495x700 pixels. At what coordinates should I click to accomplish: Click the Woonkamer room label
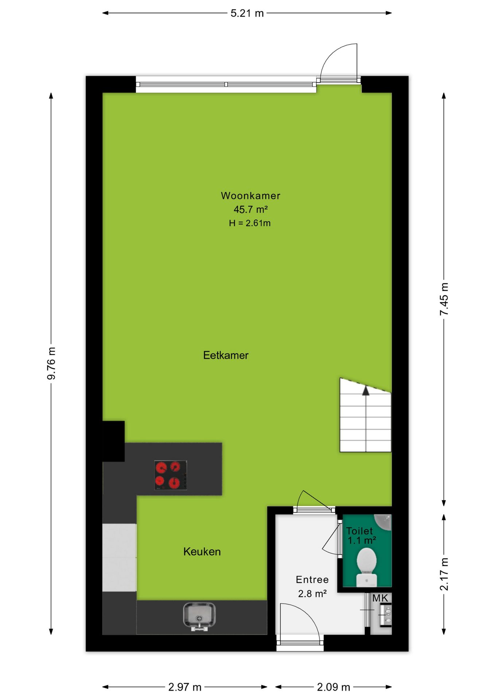point(250,196)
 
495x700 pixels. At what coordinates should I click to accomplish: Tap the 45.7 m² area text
point(250,209)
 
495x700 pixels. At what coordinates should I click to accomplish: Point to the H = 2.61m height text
point(250,223)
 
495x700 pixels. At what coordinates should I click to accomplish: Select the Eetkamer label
point(226,355)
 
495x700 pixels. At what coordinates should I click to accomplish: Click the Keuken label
point(202,552)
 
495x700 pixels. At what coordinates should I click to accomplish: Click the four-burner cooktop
point(171,475)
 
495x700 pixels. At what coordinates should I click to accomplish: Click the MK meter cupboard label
point(380,598)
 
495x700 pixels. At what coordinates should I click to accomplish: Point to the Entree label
point(312,580)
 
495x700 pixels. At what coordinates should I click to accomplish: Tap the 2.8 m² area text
point(312,594)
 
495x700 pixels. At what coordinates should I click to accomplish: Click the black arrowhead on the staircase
point(366,391)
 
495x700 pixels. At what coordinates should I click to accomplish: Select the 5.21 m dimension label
point(247,13)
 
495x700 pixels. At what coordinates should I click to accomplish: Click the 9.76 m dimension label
point(51,363)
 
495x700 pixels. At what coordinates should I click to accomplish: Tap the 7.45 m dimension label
point(444,299)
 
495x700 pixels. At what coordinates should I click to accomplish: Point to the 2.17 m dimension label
point(444,574)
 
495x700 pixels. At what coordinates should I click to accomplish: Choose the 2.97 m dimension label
point(185,687)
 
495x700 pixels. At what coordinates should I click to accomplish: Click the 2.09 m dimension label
point(334,687)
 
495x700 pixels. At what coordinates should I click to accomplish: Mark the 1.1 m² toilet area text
point(362,540)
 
